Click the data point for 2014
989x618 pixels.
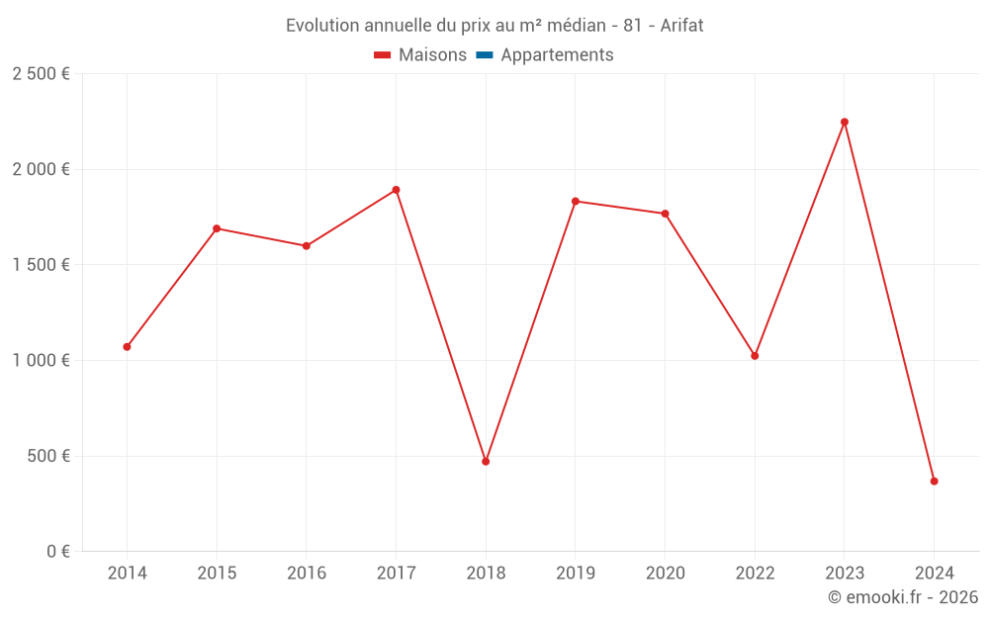click(127, 347)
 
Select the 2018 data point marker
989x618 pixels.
click(486, 462)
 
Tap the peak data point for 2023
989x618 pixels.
click(845, 123)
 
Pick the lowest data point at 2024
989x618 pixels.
click(934, 482)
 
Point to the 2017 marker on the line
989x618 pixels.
click(396, 190)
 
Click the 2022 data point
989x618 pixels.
click(755, 356)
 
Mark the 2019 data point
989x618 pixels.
click(576, 202)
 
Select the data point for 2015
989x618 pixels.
click(217, 228)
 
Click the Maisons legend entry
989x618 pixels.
click(432, 55)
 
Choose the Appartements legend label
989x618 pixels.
click(557, 55)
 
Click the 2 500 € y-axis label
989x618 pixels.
click(41, 74)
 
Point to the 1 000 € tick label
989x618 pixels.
click(41, 361)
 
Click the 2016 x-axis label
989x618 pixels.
click(307, 574)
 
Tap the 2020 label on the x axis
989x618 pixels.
click(665, 574)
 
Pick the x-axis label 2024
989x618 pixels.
click(934, 574)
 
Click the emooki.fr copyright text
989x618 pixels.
click(902, 597)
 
